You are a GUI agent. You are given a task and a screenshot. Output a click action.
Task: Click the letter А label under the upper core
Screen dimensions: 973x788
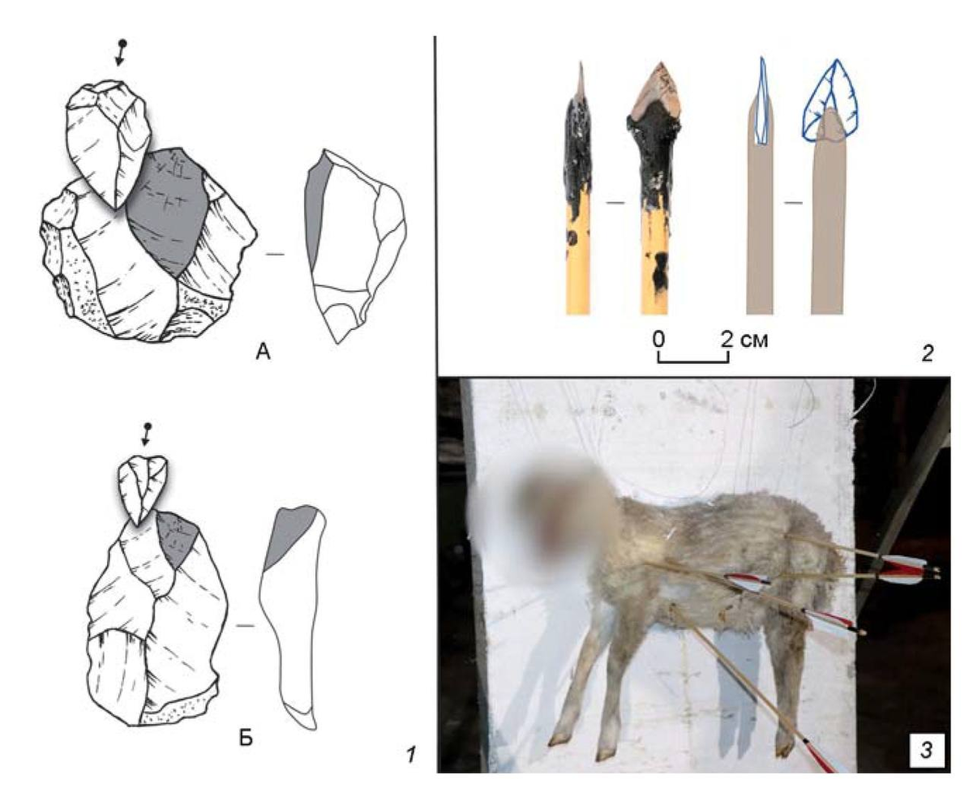coord(264,352)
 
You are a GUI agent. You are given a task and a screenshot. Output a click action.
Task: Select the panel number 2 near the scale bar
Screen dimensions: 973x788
coord(927,353)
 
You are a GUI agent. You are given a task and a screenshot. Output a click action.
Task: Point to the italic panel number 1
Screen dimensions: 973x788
coord(412,755)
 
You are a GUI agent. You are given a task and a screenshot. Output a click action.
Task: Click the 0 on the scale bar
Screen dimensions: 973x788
coord(658,340)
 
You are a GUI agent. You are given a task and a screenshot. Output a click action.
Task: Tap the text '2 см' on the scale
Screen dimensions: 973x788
coord(744,340)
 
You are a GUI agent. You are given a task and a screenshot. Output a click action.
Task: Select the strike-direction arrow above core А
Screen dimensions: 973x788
coord(121,53)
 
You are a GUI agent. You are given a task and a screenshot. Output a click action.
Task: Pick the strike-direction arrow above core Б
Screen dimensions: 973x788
coord(146,435)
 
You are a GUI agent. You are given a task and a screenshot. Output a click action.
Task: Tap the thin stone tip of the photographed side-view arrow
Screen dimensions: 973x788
coord(581,82)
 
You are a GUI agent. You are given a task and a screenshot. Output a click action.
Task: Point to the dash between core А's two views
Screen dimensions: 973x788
coord(275,254)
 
